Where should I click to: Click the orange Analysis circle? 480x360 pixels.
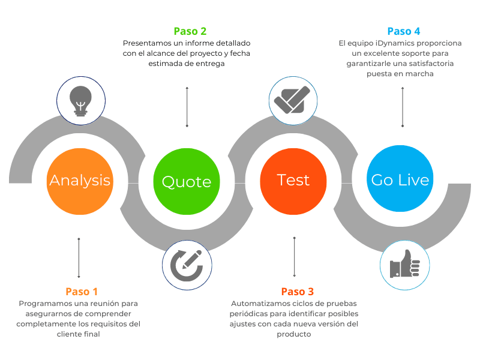[80, 181]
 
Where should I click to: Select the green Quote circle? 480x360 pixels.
[187, 181]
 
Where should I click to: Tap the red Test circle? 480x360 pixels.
[293, 181]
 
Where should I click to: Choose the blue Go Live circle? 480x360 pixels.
[400, 178]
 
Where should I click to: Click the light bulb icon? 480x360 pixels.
[80, 101]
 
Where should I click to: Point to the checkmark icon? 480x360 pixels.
[292, 100]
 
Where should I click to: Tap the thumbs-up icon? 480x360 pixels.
[404, 264]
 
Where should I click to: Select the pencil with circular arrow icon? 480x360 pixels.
[187, 265]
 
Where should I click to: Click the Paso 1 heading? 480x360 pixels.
[82, 292]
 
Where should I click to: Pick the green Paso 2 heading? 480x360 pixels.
[190, 31]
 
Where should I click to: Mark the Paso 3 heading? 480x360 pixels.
[298, 292]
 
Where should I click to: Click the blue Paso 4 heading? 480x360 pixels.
[404, 31]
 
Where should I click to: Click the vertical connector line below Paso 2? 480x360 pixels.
[187, 107]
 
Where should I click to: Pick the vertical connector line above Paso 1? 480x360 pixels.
[79, 258]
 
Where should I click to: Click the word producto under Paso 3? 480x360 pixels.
[294, 334]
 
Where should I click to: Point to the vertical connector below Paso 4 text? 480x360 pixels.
[403, 107]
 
